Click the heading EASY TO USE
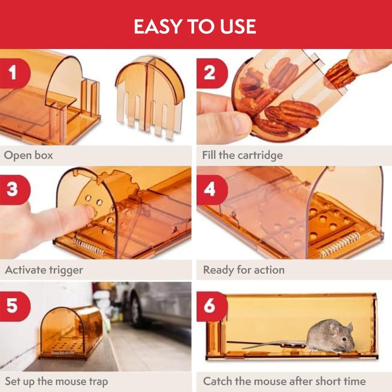click(x=195, y=26)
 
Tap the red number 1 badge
click(x=15, y=73)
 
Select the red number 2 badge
click(x=212, y=73)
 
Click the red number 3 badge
click(x=15, y=190)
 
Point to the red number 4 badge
click(x=212, y=190)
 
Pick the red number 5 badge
click(x=15, y=306)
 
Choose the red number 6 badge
click(x=212, y=306)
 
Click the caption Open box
click(x=29, y=155)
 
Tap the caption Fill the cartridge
click(x=243, y=155)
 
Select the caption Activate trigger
click(x=44, y=270)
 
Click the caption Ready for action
click(x=244, y=270)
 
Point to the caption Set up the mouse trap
click(x=56, y=382)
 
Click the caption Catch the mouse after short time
click(x=284, y=381)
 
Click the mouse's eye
click(x=344, y=339)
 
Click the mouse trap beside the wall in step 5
click(x=71, y=332)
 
